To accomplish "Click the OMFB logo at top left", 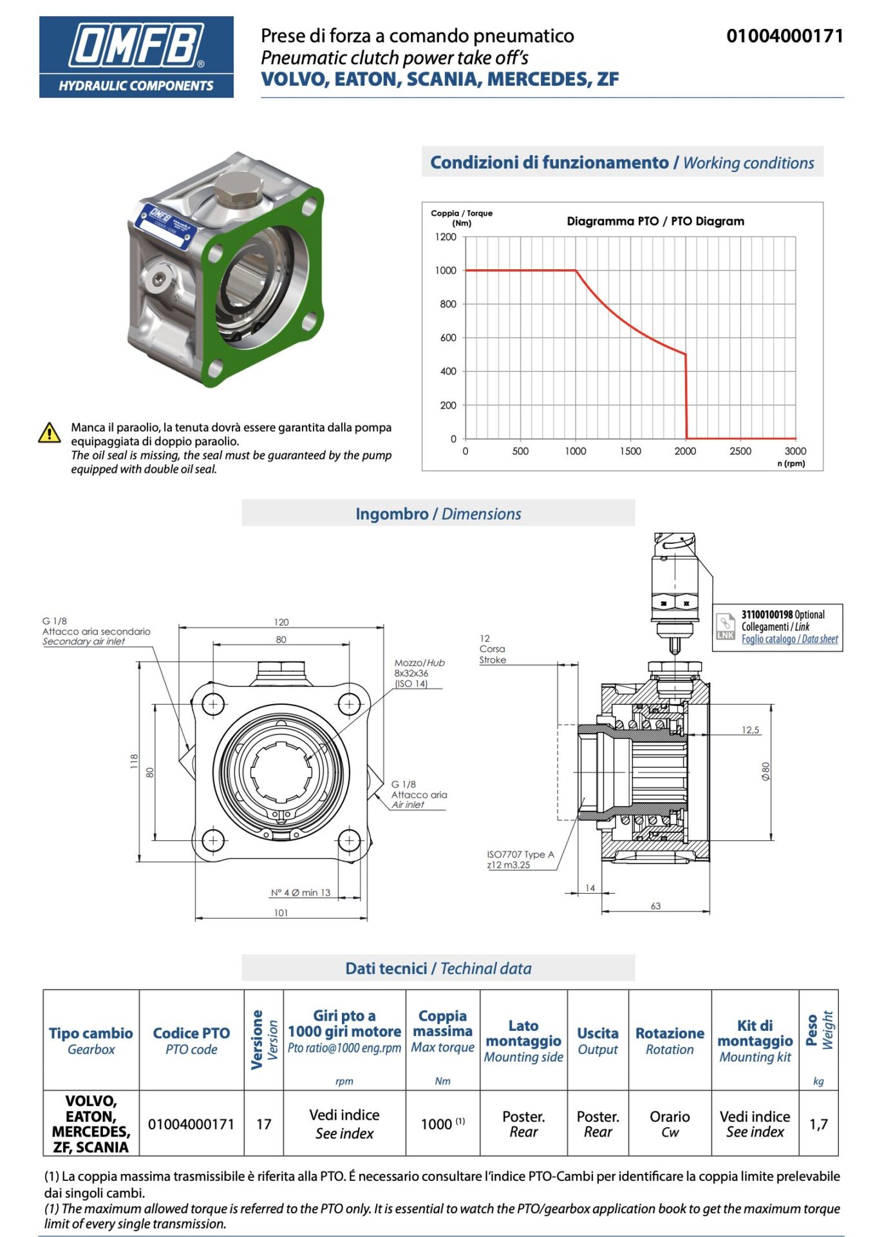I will (136, 57).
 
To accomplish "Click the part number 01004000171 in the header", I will (784, 36).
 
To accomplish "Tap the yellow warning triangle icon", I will (50, 433).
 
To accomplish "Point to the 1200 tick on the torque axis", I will (445, 237).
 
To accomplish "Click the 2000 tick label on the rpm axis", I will (685, 451).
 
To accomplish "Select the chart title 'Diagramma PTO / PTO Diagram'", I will (655, 221).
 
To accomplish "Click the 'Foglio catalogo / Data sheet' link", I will (789, 639).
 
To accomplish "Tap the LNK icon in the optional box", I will (726, 626).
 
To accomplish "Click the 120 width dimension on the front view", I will (281, 622).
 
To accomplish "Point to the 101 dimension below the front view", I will (281, 912).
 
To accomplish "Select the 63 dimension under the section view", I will (655, 906).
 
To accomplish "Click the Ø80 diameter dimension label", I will (766, 771).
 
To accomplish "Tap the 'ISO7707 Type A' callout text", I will (520, 854).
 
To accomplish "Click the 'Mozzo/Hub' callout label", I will (419, 662).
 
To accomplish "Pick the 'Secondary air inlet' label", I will (84, 642).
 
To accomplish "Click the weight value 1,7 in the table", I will (818, 1124).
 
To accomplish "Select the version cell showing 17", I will (264, 1124).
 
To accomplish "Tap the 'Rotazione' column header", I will (670, 1033).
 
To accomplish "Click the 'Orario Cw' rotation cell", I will (670, 1124).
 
